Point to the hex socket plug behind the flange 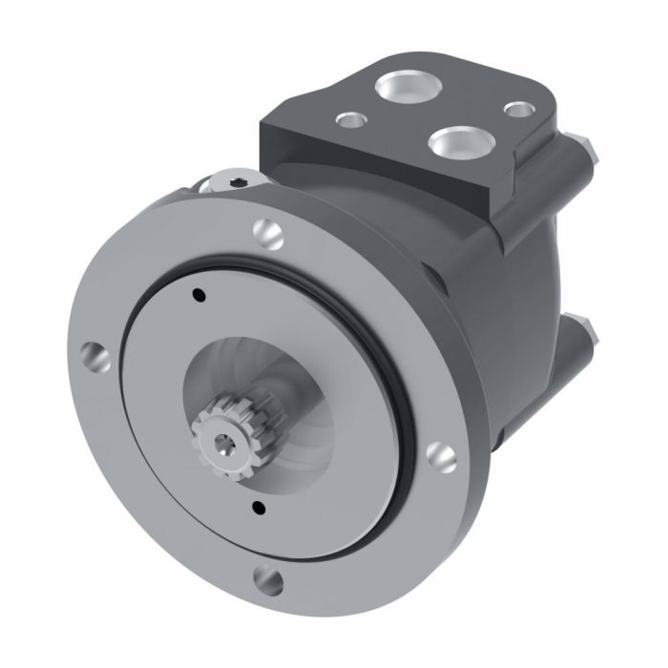coord(236,180)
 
